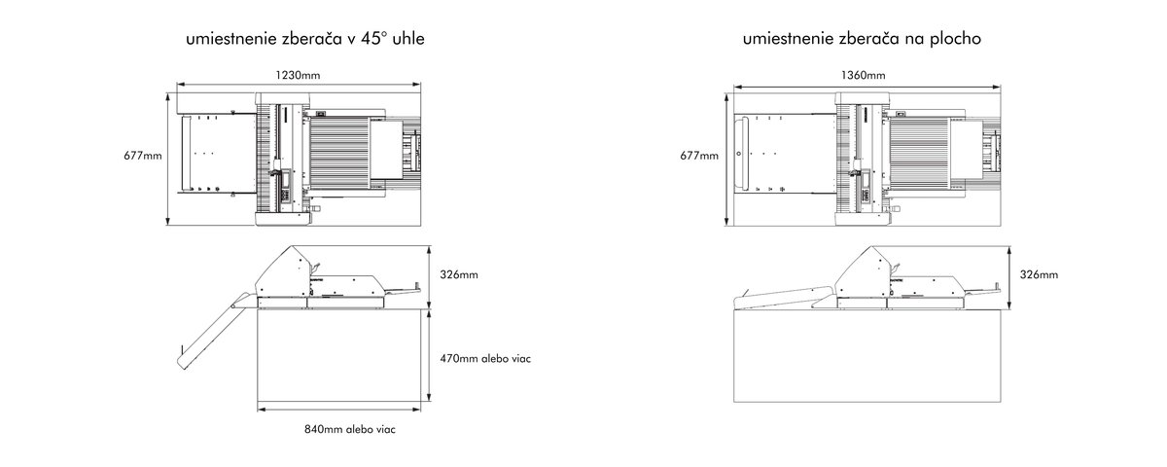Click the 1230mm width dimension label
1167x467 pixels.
point(298,75)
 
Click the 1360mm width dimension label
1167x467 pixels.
point(863,75)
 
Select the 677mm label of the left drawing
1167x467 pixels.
point(143,156)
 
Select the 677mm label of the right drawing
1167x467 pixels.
point(699,156)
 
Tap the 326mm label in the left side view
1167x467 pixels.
point(459,274)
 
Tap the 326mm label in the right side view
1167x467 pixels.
point(1039,274)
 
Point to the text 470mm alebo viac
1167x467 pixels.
point(485,359)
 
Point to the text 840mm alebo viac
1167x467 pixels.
point(350,429)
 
